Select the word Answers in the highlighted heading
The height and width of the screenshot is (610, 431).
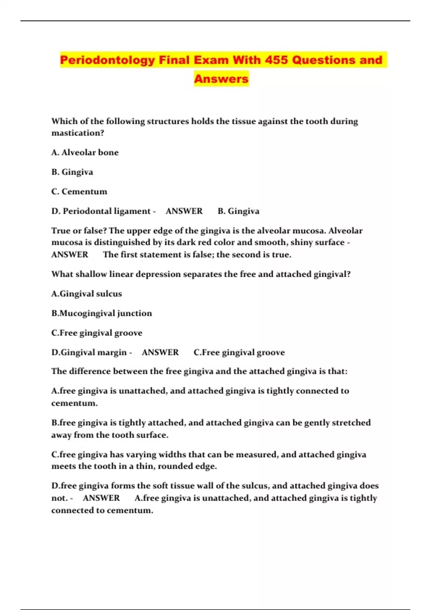(x=221, y=79)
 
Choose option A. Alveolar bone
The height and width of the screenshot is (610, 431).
(x=85, y=152)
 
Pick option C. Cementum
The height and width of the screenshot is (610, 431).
(x=79, y=192)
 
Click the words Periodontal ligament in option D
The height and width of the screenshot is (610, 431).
(x=107, y=211)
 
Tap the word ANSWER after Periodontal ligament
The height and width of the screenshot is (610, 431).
(x=184, y=211)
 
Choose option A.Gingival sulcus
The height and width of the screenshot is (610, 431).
(x=87, y=294)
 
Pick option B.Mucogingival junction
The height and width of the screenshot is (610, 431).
(x=102, y=313)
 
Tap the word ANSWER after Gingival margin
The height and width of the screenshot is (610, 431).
(x=160, y=352)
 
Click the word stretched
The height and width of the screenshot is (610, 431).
(x=351, y=423)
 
